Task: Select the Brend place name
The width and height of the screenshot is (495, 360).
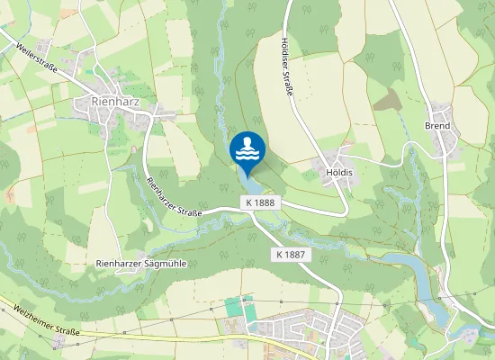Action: tap(437, 126)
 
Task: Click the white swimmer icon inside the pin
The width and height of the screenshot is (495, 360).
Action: tap(247, 147)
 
